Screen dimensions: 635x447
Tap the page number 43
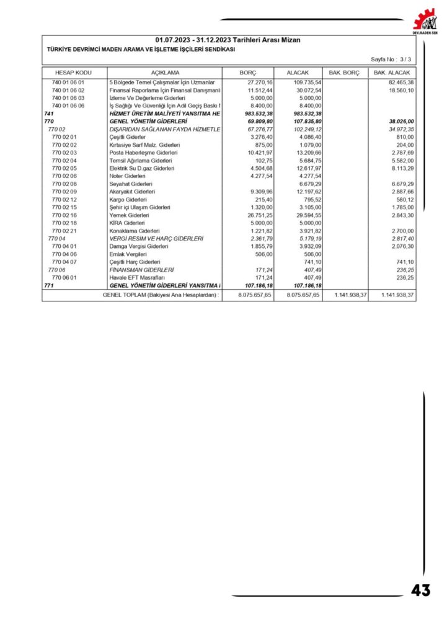[x=420, y=590]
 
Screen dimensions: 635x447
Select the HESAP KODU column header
[x=73, y=73]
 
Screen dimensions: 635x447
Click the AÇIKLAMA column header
[x=164, y=73]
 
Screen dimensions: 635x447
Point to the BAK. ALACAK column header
[x=392, y=73]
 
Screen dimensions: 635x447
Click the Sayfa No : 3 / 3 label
[x=391, y=59]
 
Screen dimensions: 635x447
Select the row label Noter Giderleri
[x=126, y=176]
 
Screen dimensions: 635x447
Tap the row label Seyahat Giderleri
[x=130, y=184]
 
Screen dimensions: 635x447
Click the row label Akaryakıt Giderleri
[x=130, y=192]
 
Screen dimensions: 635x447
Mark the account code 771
[x=49, y=286]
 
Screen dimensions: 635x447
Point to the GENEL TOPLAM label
[x=161, y=295]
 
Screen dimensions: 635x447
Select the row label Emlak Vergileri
[x=128, y=254]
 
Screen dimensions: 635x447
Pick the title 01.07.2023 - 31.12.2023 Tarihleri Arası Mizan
[x=228, y=40]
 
